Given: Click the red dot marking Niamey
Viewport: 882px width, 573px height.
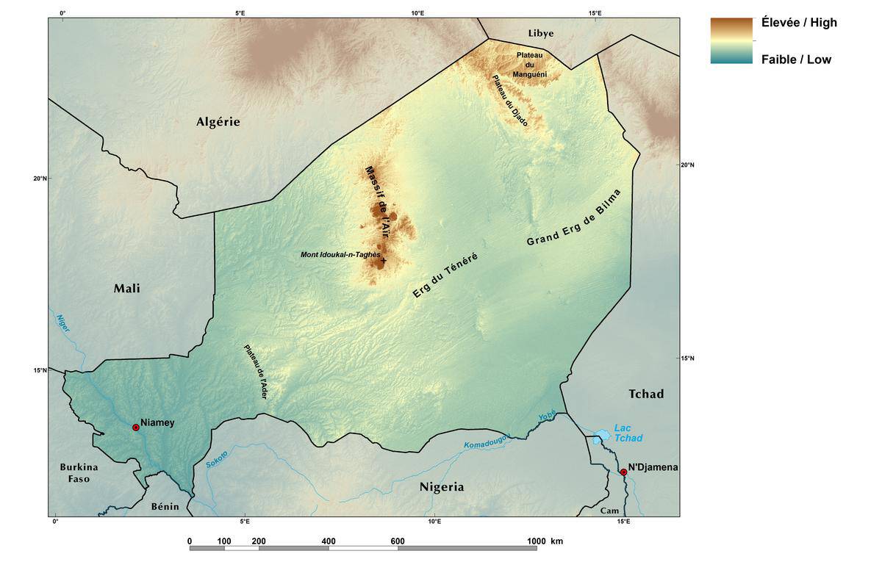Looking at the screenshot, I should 136,428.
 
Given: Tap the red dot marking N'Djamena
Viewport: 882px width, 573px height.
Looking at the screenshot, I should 623,472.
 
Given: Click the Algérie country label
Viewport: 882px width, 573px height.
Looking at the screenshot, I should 218,122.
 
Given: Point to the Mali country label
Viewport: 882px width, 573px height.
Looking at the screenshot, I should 126,289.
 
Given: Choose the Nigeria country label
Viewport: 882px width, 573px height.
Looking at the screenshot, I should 442,487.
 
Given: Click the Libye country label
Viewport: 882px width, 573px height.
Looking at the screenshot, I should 541,33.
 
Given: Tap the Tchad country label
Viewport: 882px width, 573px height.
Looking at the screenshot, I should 646,394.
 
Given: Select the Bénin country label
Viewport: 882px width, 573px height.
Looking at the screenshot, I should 165,507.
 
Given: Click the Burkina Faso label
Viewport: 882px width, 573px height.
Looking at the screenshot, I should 79,473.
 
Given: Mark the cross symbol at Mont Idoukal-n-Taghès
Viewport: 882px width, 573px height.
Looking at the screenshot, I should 384,260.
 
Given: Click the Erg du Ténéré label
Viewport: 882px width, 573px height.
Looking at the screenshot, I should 445,275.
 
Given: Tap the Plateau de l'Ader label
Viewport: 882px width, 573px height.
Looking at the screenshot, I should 255,372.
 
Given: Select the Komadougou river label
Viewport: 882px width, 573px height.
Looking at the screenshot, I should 486,441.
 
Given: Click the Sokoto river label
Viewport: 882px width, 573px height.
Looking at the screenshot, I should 217,461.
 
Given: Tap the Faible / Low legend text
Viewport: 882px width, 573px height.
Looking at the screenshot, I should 796,60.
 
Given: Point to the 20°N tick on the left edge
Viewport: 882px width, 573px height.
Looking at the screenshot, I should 40,179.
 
